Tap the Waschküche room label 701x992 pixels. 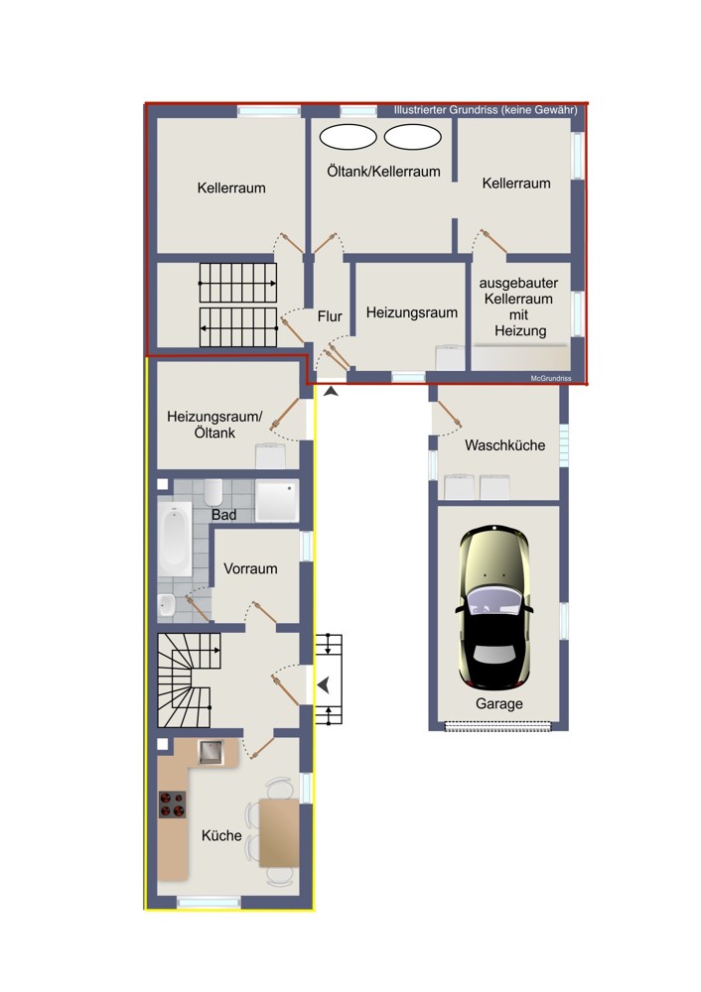point(504,445)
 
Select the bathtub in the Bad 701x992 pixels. point(174,540)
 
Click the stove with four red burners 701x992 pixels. point(172,805)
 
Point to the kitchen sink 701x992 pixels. point(210,753)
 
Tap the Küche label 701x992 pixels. point(221,835)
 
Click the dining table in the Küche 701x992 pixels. point(279,832)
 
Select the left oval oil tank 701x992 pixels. point(348,137)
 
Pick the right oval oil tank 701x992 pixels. point(412,137)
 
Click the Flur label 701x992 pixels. point(330,316)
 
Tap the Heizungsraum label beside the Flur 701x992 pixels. point(412,312)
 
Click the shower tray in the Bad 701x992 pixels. point(277,501)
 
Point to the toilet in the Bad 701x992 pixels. point(212,492)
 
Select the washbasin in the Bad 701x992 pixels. point(167,607)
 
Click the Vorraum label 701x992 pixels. point(250,568)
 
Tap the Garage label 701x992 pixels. point(499,703)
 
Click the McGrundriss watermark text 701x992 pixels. point(551,378)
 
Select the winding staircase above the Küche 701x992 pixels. point(188,681)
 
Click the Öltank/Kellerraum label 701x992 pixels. point(383,172)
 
